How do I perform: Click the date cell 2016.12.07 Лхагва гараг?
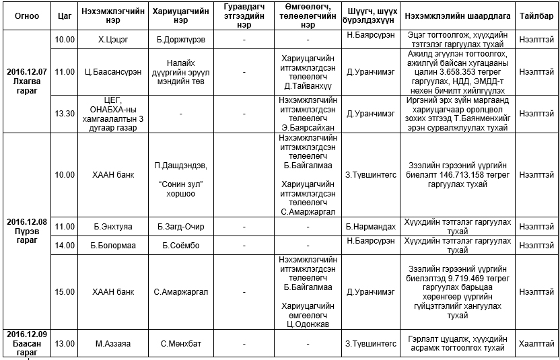point(27,81)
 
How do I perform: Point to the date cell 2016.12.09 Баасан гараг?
point(27,343)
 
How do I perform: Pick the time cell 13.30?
point(65,114)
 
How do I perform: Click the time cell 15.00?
point(65,292)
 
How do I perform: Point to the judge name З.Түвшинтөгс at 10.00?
point(370,175)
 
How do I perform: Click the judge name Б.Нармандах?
point(370,227)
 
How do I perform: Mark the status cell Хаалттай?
point(536,344)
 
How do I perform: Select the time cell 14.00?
point(65,246)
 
